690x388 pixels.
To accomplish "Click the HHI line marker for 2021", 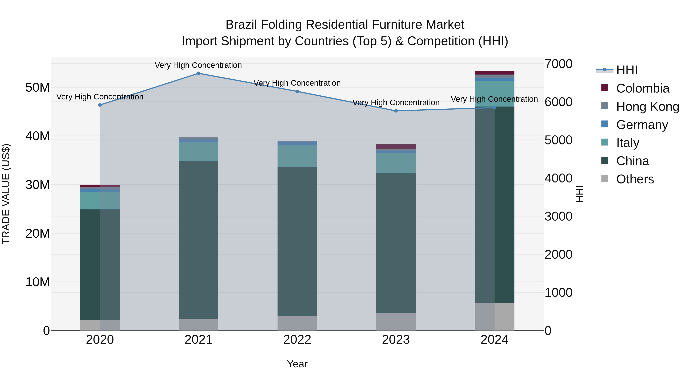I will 199,73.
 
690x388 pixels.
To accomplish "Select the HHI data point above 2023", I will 396,111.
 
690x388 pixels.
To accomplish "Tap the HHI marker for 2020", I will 100,105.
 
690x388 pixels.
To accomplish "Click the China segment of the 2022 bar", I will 297,241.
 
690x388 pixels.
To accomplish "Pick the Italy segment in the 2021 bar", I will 199,152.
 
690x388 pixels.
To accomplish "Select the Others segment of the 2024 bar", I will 495,317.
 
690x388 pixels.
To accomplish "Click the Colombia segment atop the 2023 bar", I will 396,146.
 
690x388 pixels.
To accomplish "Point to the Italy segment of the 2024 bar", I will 495,94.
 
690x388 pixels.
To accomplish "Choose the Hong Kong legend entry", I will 647,107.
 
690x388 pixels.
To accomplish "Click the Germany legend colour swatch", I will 605,124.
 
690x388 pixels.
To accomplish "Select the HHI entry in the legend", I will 627,70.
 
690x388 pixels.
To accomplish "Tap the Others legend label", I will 635,179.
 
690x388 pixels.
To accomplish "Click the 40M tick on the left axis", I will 38,136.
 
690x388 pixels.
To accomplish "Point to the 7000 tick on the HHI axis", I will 559,64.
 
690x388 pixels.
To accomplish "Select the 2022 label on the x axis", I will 297,340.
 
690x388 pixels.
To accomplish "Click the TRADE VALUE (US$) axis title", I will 6,194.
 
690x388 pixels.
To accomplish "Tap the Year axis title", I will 297,364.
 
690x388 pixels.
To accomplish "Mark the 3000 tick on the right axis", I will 559,216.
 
